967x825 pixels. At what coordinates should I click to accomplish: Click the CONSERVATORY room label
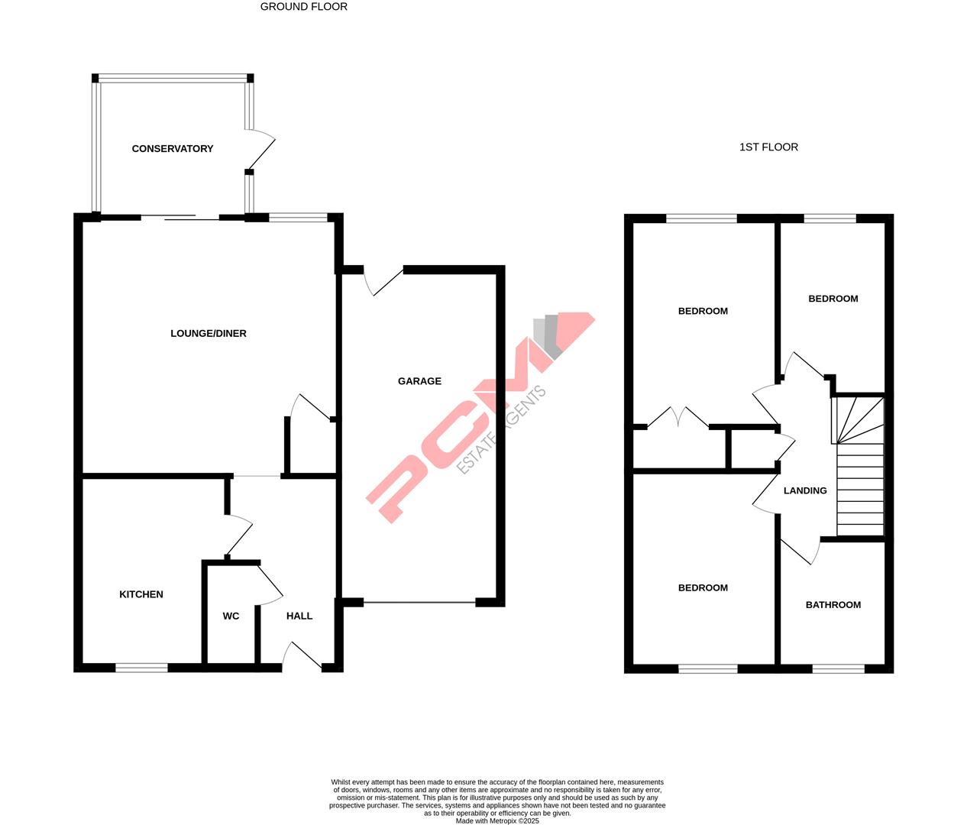pos(173,148)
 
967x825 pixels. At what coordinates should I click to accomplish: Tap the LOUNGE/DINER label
pos(208,333)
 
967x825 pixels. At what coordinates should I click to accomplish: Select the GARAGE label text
pos(419,381)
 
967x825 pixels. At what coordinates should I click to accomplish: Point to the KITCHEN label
pos(141,594)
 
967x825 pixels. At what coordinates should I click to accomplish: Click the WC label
pos(231,616)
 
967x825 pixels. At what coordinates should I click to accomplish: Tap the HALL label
pos(299,616)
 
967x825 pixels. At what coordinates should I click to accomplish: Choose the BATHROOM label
pos(833,604)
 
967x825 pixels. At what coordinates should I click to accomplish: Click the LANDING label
pos(805,490)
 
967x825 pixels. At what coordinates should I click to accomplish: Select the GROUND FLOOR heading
pos(304,7)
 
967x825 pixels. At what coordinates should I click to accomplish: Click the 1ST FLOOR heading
pos(768,147)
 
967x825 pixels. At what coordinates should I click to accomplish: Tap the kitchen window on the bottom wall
pos(141,668)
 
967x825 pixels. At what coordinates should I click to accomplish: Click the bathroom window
pos(838,668)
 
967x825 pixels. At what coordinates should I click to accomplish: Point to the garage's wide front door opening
pos(419,603)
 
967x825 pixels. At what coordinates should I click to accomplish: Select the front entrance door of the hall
pos(302,655)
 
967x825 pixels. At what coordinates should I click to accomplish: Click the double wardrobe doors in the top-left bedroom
pos(678,417)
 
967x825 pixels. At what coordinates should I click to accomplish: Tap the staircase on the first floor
pos(860,474)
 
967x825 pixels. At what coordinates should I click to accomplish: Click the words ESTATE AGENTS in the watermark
pos(502,430)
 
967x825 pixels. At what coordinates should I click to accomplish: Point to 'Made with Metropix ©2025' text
pos(497,821)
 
